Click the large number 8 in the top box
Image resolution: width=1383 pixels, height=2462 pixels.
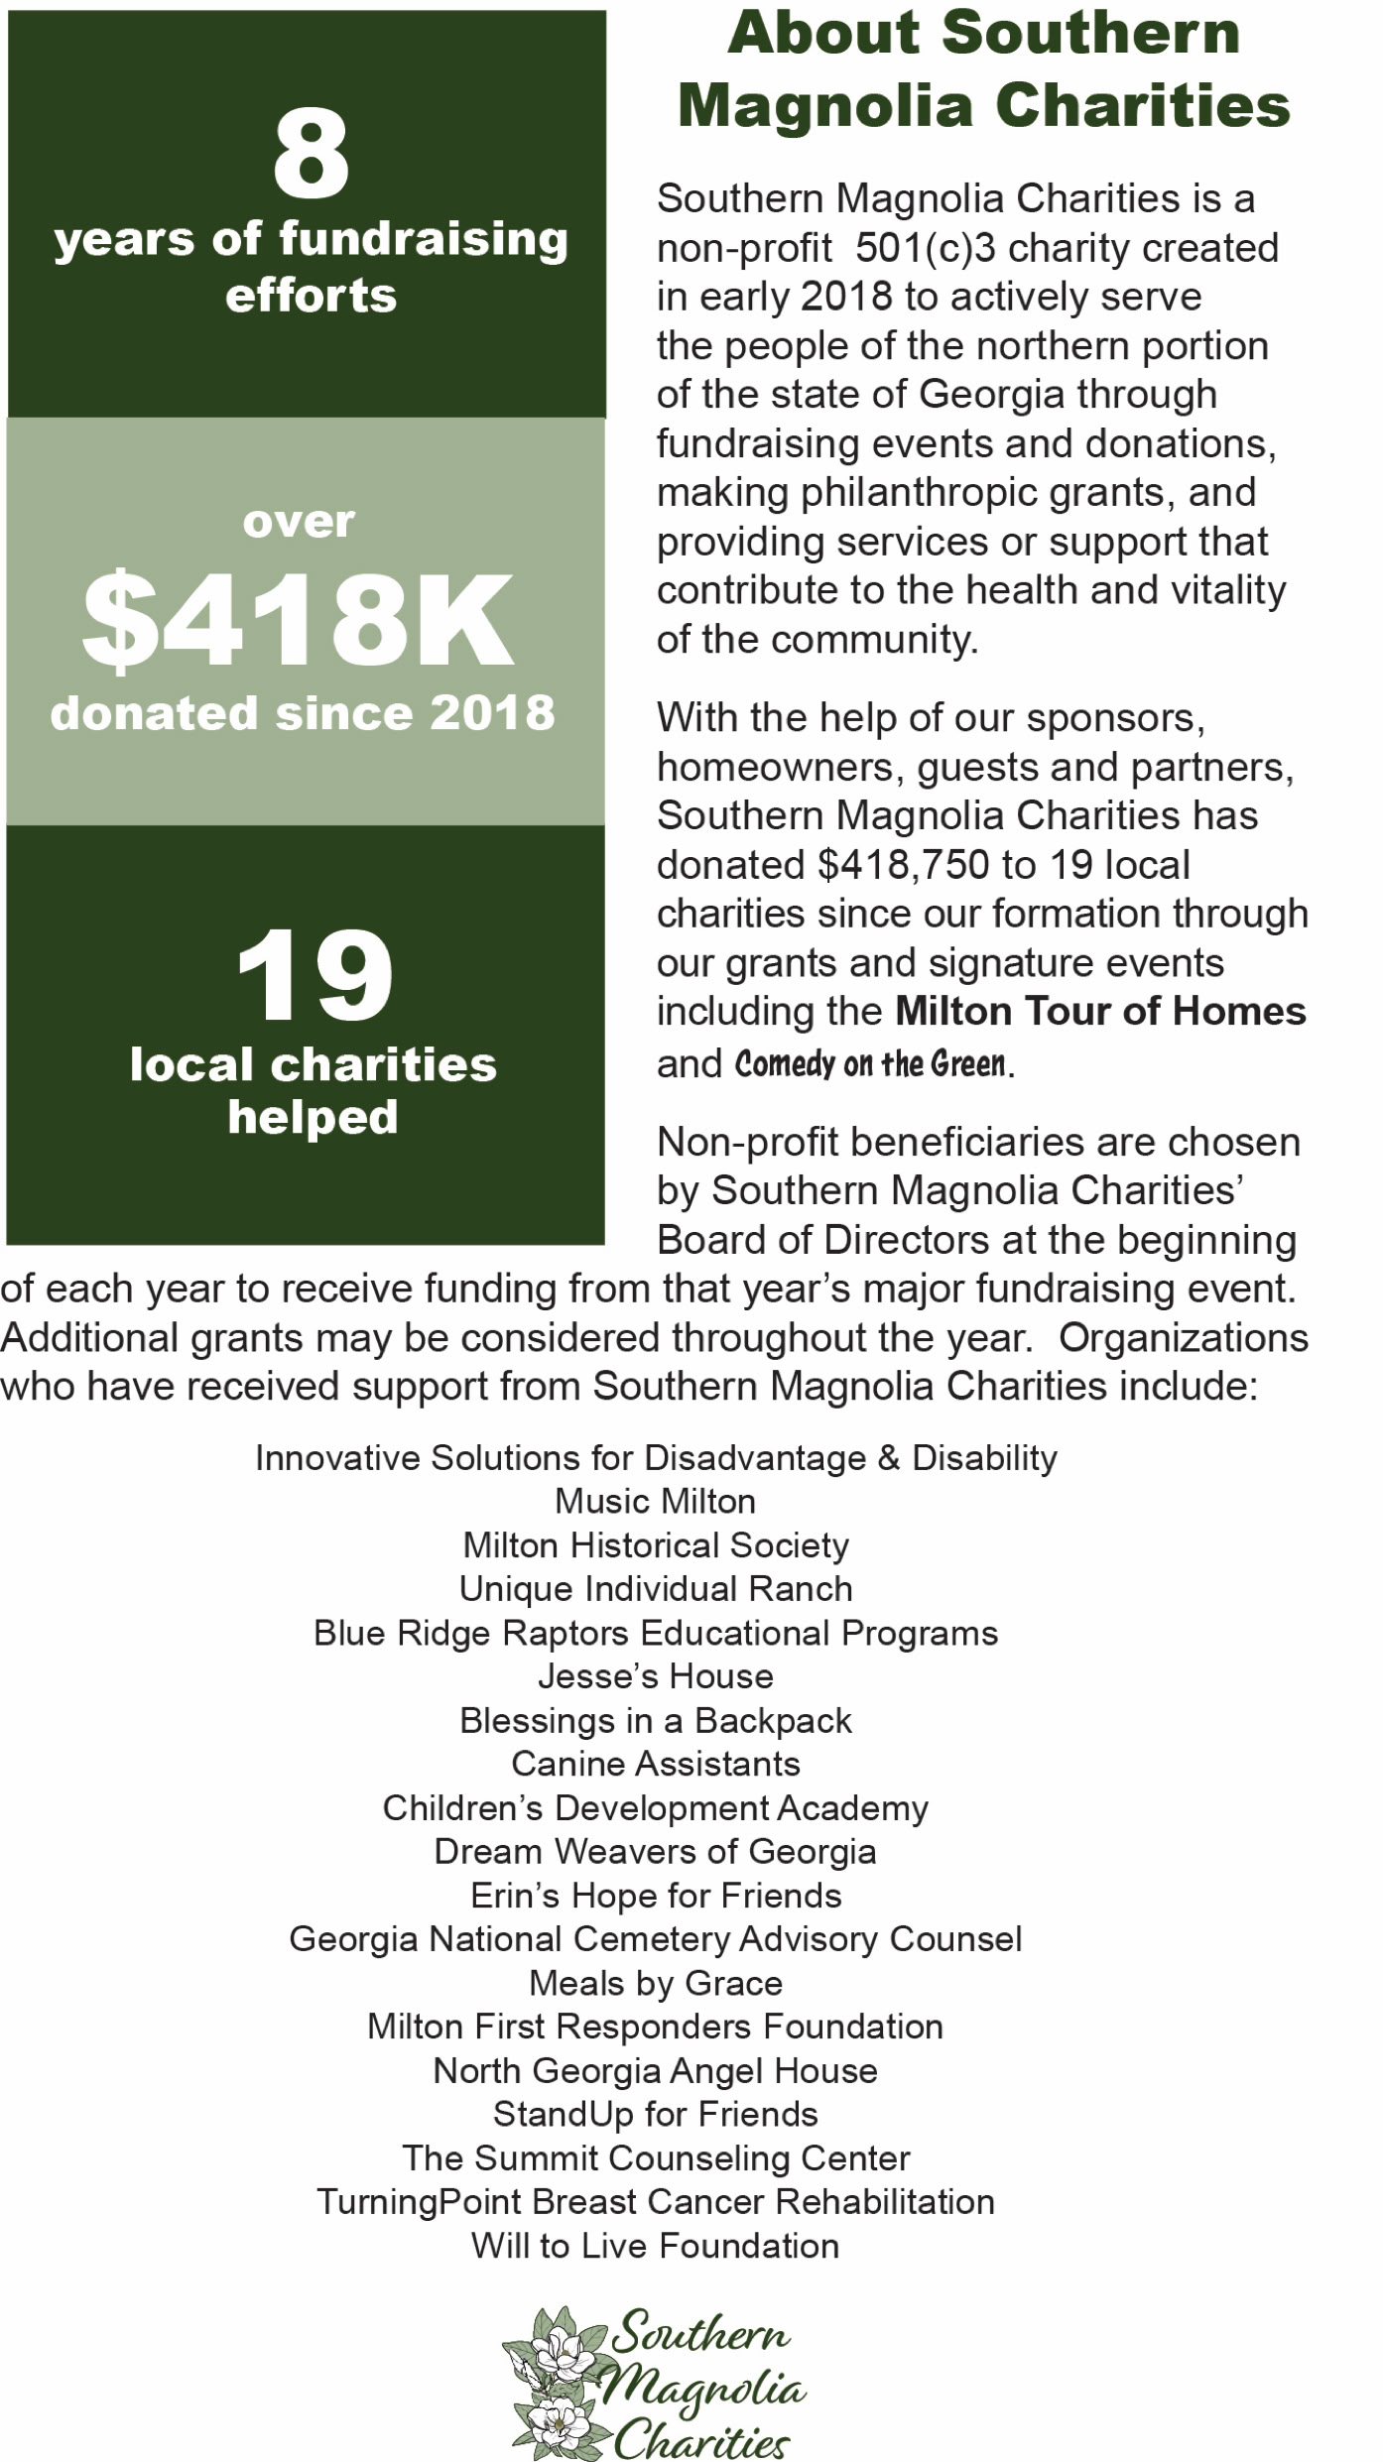311,154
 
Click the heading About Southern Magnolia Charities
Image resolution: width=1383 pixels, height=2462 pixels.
983,69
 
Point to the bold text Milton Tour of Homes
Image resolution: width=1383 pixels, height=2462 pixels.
1100,1012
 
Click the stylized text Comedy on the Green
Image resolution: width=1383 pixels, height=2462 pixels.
870,1063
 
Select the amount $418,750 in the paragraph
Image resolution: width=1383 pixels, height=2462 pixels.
904,865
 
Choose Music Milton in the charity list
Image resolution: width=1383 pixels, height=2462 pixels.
655,1501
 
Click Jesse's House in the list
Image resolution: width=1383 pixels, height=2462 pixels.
655,1676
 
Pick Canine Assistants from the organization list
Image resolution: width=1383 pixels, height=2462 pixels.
655,1764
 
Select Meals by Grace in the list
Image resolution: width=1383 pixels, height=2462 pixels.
655,1983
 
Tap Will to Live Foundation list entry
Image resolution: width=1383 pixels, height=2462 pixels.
655,2245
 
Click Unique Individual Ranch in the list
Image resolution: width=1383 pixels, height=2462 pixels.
655,1589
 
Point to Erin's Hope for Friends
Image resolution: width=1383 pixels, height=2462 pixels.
655,1896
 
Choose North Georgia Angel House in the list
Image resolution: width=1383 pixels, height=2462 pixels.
655,2070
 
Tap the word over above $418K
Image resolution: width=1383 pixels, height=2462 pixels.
299,522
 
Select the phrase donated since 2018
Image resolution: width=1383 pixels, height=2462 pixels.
303,713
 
